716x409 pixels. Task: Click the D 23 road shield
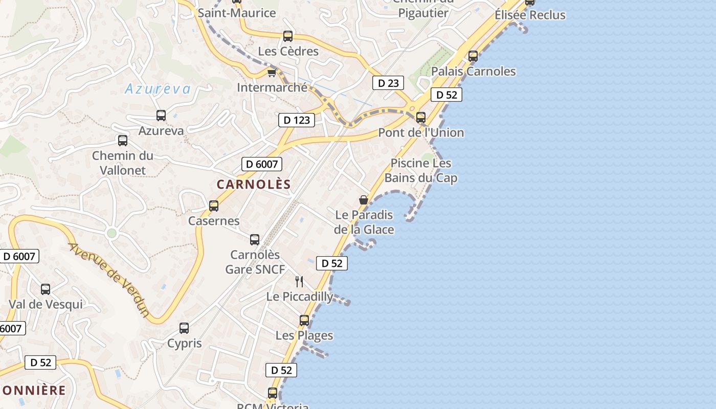pos(388,83)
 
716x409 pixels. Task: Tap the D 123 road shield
pos(296,120)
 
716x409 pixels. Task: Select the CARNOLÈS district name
pos(254,185)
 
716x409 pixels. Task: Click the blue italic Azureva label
pos(158,89)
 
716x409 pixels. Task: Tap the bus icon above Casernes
pos(214,206)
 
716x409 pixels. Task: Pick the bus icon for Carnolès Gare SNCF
pos(255,240)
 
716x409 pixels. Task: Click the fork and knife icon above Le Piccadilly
pos(300,281)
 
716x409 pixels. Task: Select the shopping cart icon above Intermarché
pos(272,73)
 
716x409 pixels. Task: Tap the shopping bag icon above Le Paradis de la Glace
pos(364,199)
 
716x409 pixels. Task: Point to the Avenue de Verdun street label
pos(109,280)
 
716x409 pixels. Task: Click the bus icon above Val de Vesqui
pos(46,289)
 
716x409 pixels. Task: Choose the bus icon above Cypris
pos(184,328)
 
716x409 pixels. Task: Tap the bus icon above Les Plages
pos(304,321)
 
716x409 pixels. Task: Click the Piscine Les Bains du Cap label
pos(421,170)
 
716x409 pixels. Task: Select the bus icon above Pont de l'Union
pos(421,118)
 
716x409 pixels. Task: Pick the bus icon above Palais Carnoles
pos(473,56)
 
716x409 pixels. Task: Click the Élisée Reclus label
pos(530,15)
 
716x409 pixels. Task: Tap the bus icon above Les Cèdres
pos(288,36)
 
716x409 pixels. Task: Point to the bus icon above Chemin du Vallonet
pos(123,141)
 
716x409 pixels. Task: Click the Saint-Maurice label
pos(237,13)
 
